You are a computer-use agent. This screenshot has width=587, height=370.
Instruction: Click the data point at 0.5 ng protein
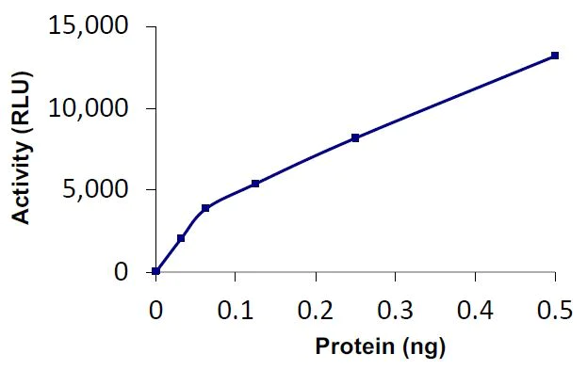[x=555, y=56]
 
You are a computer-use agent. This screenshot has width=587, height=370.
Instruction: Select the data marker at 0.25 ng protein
[x=355, y=137]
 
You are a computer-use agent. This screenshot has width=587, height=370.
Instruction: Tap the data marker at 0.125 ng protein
[x=255, y=184]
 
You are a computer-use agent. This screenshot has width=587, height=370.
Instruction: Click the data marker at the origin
[x=156, y=271]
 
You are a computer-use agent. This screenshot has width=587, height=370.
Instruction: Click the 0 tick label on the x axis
[x=156, y=309]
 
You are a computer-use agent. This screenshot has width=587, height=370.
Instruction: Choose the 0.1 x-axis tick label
[x=236, y=309]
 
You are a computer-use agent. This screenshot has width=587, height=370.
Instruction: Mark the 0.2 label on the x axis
[x=316, y=309]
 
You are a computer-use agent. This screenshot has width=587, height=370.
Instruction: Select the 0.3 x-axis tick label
[x=396, y=309]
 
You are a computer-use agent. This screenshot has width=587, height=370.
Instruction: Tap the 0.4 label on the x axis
[x=476, y=309]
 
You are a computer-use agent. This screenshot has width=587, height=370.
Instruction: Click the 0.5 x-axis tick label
[x=555, y=309]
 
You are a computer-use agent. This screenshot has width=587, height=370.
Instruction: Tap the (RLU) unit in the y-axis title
[x=21, y=100]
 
